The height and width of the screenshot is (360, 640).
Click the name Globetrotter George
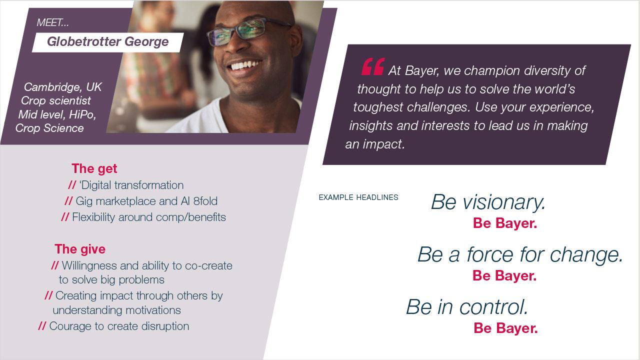point(107,41)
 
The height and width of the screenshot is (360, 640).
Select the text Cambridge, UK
point(62,87)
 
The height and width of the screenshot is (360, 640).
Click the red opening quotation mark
point(373,67)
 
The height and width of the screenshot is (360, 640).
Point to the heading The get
point(94,168)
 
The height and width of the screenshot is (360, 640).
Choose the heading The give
point(80,249)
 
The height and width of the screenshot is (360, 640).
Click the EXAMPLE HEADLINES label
point(358,197)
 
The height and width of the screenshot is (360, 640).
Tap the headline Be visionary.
point(488,202)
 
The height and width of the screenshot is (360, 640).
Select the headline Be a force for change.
point(520,254)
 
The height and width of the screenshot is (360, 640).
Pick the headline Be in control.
point(467,307)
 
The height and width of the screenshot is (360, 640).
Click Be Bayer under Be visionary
point(505,223)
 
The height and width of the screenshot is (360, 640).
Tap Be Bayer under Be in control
point(505,328)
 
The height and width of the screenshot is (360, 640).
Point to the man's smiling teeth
point(245,65)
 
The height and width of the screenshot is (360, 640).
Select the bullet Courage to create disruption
point(113,326)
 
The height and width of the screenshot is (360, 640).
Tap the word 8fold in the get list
point(205,201)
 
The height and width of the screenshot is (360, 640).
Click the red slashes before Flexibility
point(65,217)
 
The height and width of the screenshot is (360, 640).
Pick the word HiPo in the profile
point(82,114)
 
